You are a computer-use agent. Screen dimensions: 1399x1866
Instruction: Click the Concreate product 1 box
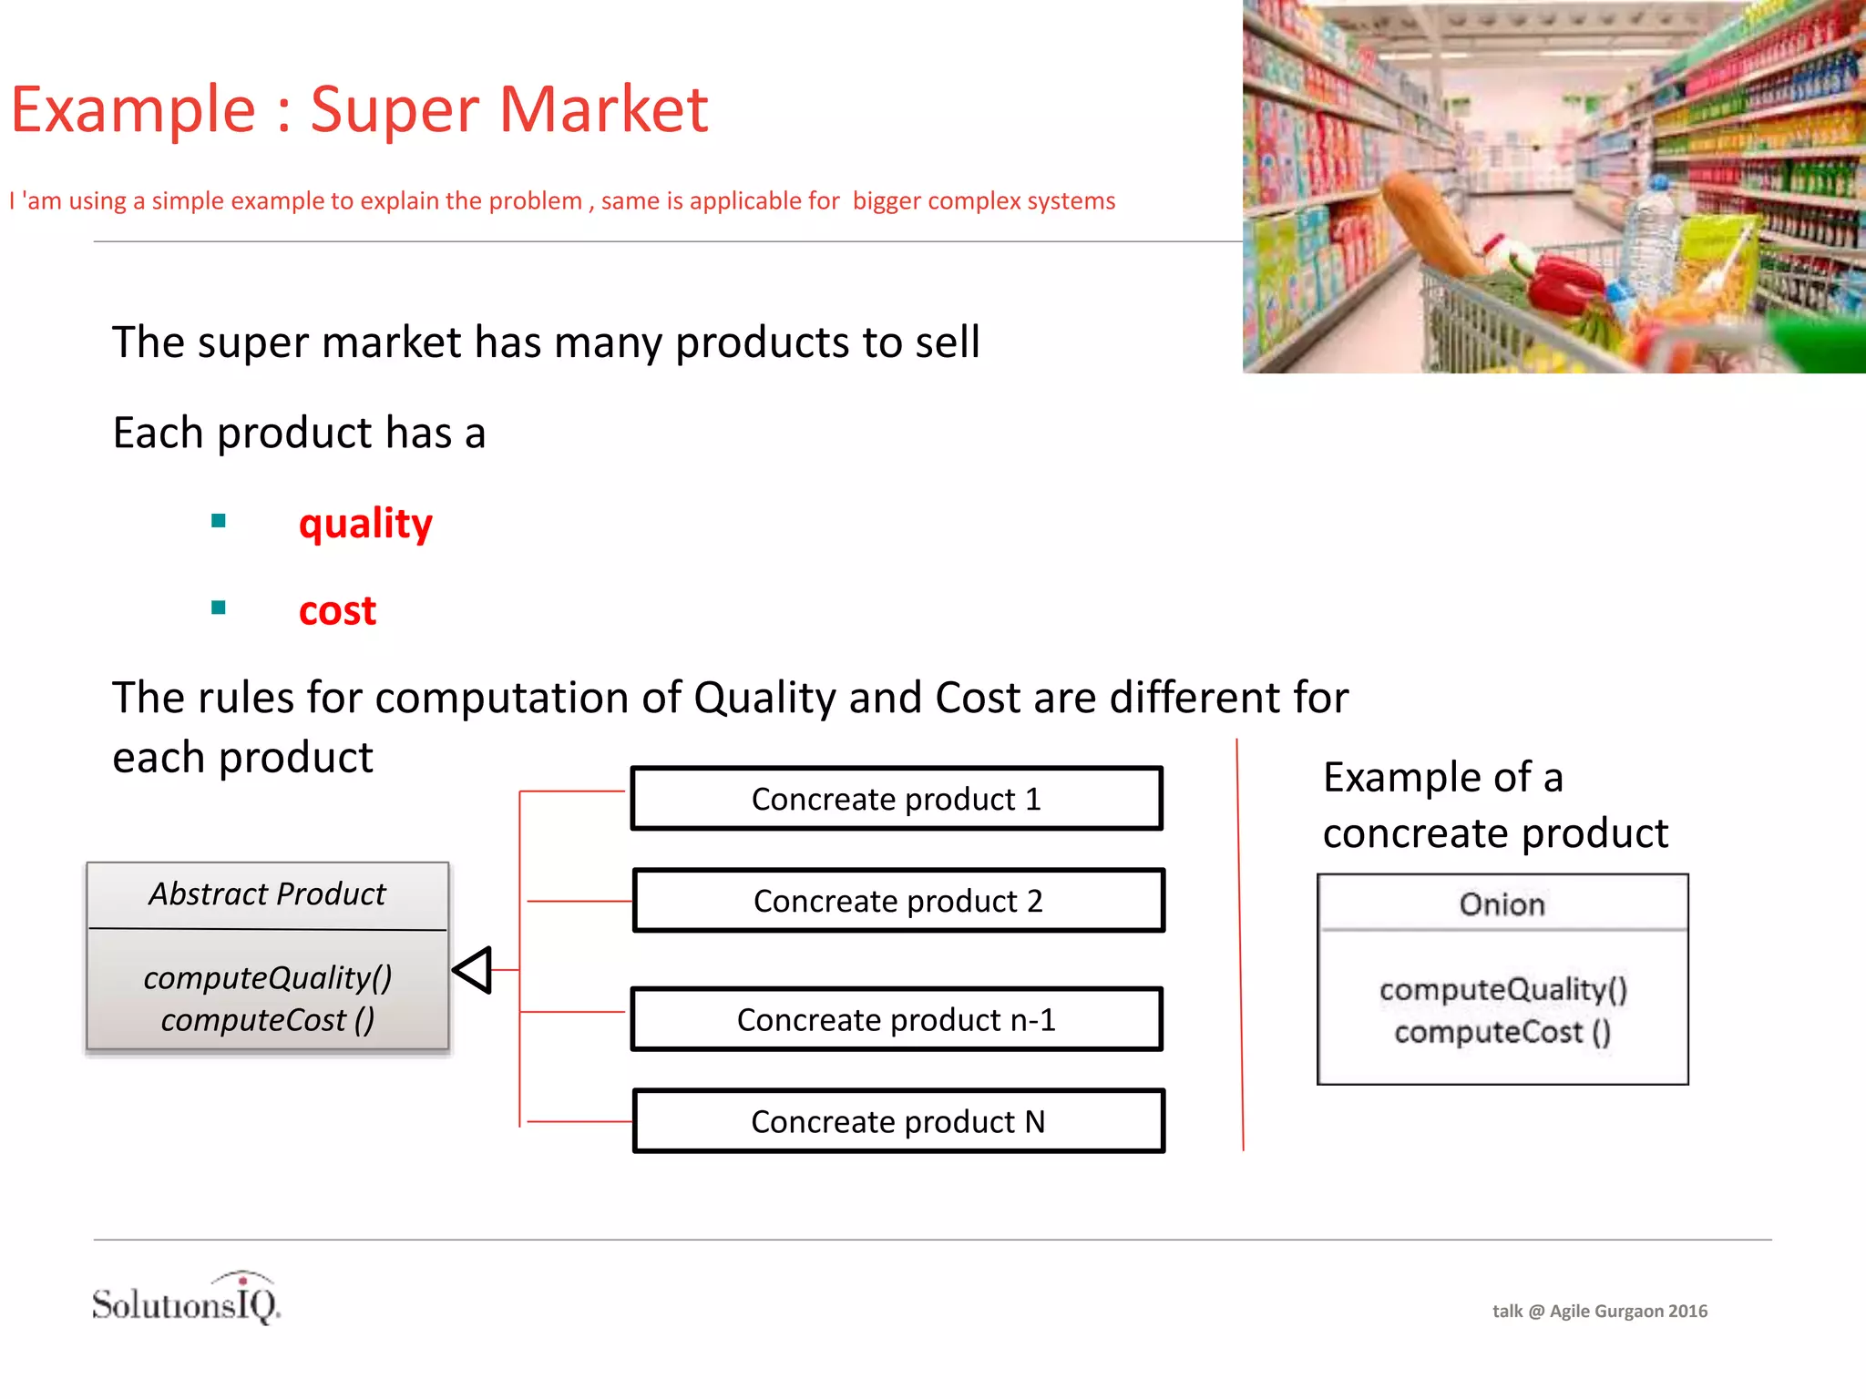(x=897, y=799)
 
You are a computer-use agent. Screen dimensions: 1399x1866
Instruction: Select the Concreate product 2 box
(x=898, y=901)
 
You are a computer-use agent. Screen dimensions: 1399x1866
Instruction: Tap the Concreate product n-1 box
(x=897, y=1020)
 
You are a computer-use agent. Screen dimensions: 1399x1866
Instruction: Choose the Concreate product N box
(x=898, y=1121)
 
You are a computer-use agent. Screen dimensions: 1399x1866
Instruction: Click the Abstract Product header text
(x=267, y=894)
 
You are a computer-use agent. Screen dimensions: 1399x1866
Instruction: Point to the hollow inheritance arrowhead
(x=474, y=970)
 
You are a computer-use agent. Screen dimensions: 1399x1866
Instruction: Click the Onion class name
(x=1502, y=904)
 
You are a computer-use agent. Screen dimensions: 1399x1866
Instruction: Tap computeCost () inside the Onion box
(x=1502, y=1032)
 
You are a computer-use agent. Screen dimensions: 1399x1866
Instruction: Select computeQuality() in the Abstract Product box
(x=267, y=978)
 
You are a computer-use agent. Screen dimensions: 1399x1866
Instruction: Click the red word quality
(x=365, y=524)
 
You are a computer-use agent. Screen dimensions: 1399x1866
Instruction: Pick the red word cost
(x=337, y=610)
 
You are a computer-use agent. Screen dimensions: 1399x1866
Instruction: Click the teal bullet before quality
(x=218, y=521)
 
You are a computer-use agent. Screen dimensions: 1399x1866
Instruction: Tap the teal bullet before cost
(x=218, y=608)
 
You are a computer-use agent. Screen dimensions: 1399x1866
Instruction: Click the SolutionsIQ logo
(x=187, y=1300)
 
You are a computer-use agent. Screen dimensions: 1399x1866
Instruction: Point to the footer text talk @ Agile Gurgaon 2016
(x=1599, y=1311)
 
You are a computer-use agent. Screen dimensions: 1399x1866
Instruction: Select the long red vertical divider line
(x=1240, y=947)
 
